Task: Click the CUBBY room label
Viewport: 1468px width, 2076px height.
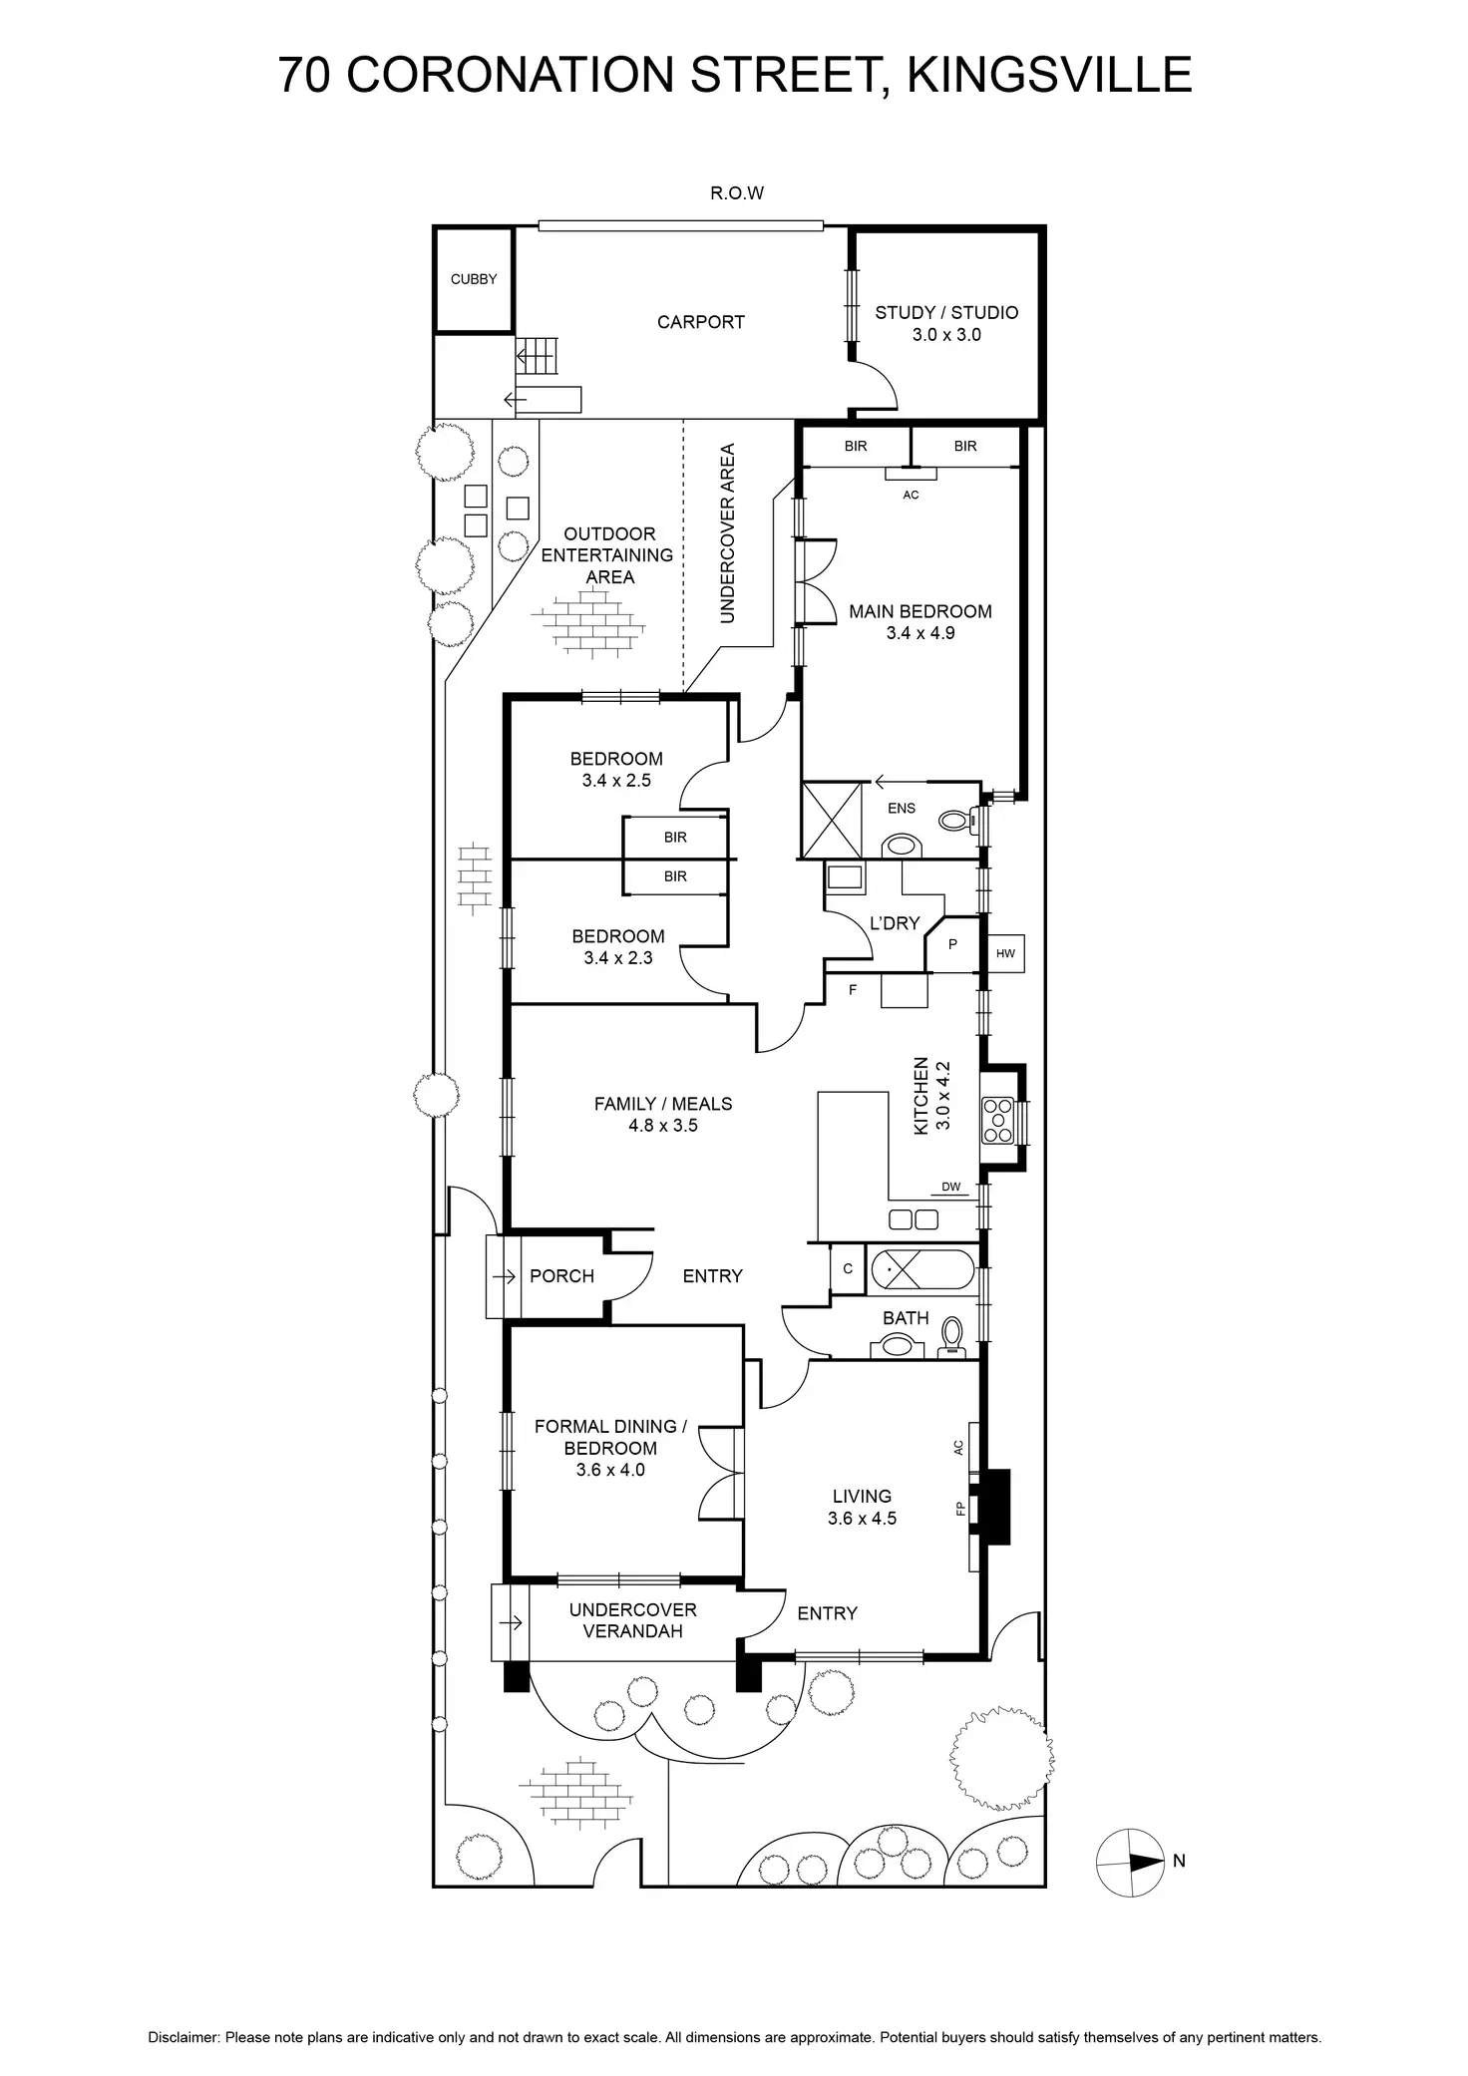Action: [473, 279]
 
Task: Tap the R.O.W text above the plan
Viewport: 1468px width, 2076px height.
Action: [737, 193]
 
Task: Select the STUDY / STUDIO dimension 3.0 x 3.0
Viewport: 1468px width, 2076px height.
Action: [946, 335]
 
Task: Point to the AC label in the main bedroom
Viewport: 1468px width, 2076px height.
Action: [911, 495]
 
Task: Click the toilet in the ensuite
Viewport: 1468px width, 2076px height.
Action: [954, 821]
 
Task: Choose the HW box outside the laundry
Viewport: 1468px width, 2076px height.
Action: [1005, 954]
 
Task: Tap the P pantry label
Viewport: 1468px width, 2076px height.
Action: [952, 943]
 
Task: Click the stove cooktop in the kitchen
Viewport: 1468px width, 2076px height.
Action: [997, 1120]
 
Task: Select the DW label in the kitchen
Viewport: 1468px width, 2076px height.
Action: [950, 1187]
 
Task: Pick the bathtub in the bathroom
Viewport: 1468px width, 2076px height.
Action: [920, 1271]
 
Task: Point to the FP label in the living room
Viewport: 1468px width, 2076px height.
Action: [961, 1509]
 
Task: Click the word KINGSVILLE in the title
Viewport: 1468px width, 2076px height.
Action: [1049, 75]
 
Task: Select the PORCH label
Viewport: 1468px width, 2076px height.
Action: [561, 1276]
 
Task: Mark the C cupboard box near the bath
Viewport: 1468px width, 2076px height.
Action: [848, 1269]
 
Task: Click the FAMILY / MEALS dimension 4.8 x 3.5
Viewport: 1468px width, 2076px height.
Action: [663, 1126]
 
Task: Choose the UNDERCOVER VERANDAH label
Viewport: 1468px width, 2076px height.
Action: [632, 1620]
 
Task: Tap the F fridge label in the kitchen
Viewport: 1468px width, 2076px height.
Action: [853, 990]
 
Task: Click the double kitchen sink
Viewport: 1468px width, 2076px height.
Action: [914, 1218]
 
